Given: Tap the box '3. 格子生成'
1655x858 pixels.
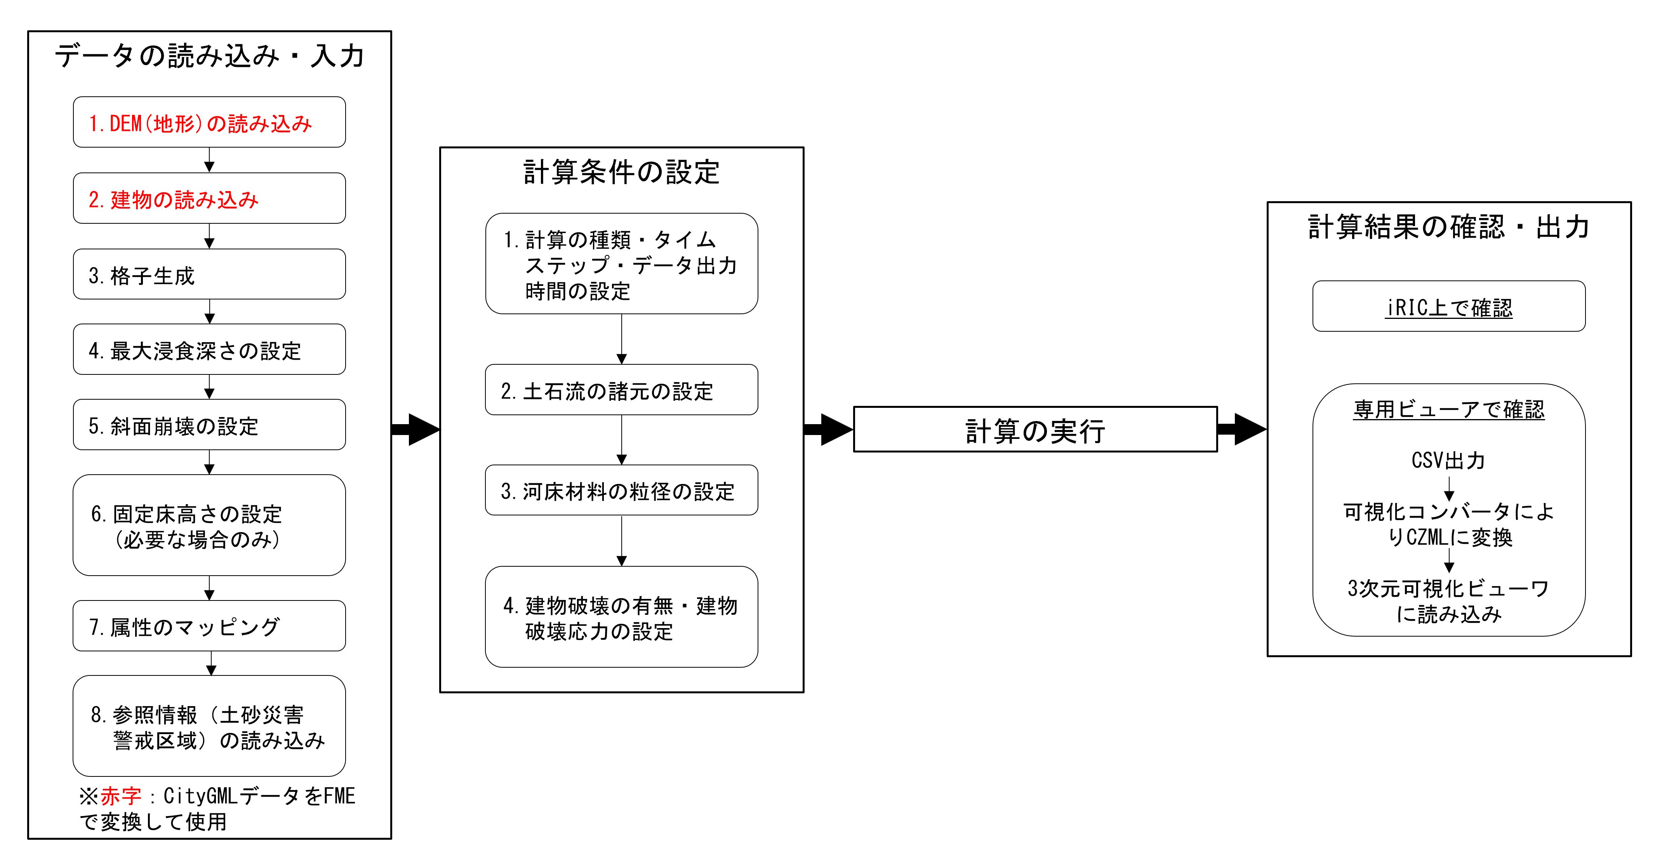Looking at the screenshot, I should click(209, 275).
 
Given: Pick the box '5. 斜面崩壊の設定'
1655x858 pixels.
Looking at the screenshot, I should click(209, 425).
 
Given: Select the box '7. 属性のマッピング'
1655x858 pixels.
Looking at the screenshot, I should click(209, 626).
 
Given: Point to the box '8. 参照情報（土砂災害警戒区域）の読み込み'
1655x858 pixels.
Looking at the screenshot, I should click(209, 726).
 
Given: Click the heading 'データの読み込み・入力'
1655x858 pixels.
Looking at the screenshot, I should click(209, 56).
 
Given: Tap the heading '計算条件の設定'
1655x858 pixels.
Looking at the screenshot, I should click(621, 172).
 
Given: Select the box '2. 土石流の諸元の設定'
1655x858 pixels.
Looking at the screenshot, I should click(621, 390).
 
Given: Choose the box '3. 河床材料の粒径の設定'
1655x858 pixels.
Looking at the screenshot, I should click(621, 491).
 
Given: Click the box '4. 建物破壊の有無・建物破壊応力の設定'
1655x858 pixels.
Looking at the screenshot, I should click(621, 617).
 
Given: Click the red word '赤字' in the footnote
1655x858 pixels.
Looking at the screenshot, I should click(121, 795).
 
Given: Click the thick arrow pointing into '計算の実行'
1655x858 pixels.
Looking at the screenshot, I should click(829, 429).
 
